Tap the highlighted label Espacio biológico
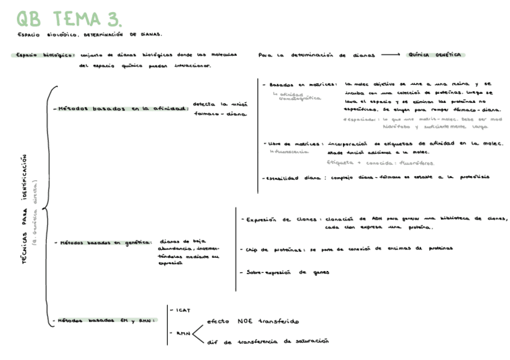pos(42,55)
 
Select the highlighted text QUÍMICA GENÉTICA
pos(435,55)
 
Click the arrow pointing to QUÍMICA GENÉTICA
pos(390,55)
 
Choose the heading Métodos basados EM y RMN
pos(106,320)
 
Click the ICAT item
pos(183,310)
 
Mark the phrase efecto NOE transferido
pos(253,322)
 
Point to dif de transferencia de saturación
pos(268,341)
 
